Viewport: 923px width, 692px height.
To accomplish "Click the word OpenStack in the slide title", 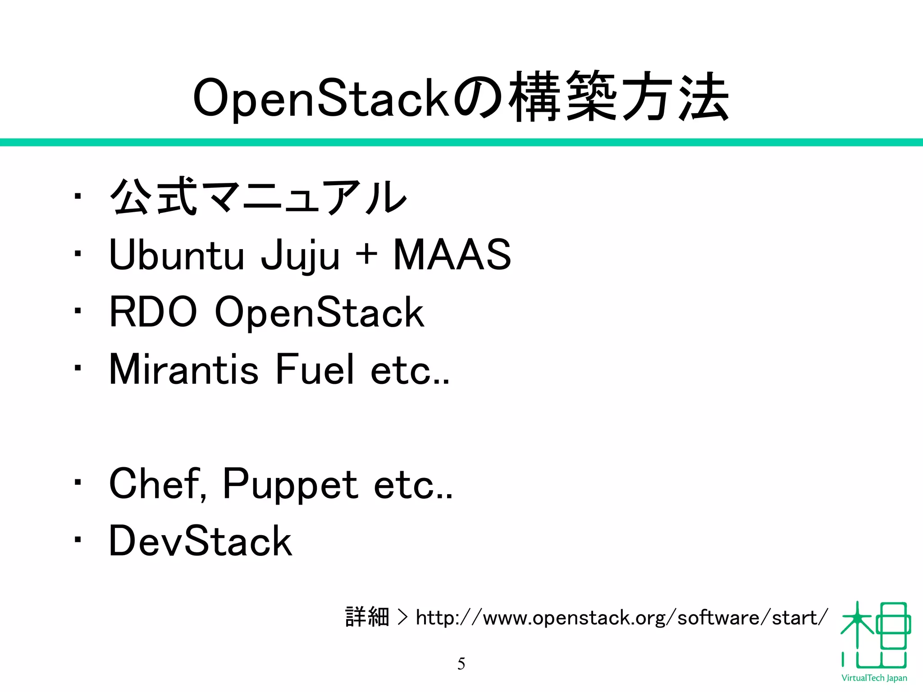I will click(x=321, y=98).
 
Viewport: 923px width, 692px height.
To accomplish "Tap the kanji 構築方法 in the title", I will click(x=619, y=96).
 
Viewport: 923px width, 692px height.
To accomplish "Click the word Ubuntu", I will click(x=177, y=255).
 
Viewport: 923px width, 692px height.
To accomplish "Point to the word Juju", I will click(x=300, y=255).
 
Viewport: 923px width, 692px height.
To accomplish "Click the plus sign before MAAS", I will click(x=366, y=254).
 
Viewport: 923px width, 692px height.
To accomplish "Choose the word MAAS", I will click(x=452, y=255).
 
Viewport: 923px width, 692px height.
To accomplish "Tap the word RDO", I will click(x=153, y=312).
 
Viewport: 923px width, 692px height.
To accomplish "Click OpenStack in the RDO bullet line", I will click(x=320, y=312).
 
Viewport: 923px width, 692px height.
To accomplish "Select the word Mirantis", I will click(x=184, y=369).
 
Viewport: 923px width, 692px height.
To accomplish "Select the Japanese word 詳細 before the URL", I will click(x=367, y=617).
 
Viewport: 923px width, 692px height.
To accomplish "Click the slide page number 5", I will click(x=461, y=664).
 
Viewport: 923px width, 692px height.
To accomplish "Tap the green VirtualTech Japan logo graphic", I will click(x=875, y=635).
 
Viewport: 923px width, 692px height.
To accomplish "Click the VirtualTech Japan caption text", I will click(x=874, y=678).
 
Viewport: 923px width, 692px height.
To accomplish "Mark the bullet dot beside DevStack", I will click(x=78, y=540).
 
